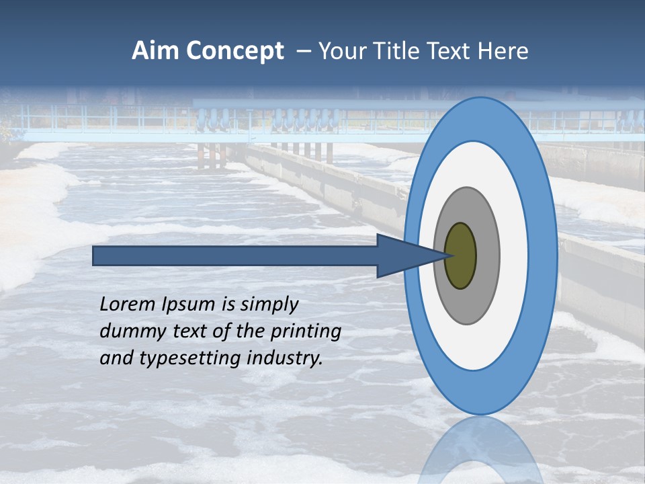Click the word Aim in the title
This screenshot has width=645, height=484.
[154, 51]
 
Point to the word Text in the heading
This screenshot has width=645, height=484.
[453, 51]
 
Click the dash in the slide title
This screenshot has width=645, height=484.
[302, 52]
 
